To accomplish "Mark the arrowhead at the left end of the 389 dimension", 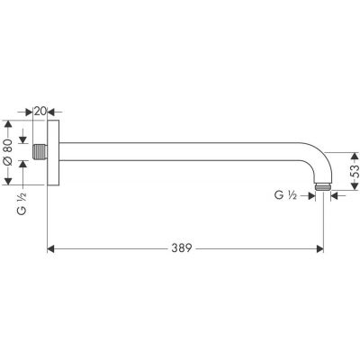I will coord(50,246).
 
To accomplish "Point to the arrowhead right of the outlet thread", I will coord(336,193).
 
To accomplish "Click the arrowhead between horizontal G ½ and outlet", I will coord(313,193).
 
